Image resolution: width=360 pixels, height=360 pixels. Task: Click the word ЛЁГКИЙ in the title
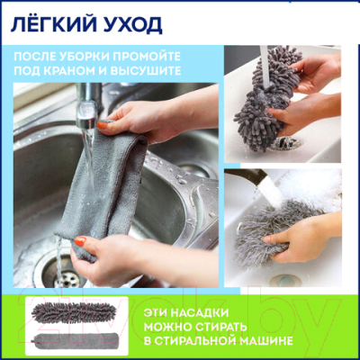click(45, 19)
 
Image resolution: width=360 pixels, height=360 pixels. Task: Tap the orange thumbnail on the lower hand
click(80, 242)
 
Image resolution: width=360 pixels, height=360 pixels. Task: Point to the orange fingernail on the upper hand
click(104, 124)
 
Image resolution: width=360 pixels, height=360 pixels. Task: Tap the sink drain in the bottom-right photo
click(284, 280)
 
